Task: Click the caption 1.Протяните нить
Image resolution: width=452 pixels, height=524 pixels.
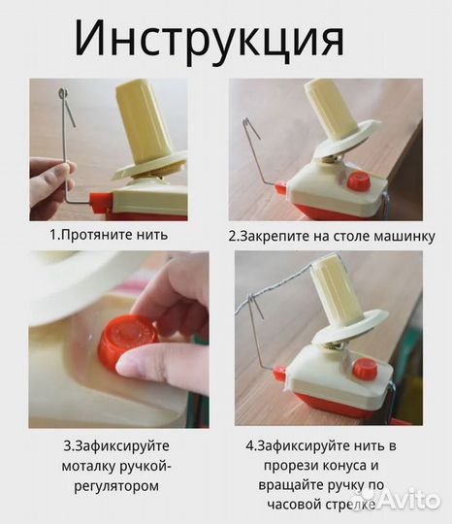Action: click(x=109, y=234)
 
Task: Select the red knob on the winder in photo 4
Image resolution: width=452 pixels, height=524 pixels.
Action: click(x=365, y=368)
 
